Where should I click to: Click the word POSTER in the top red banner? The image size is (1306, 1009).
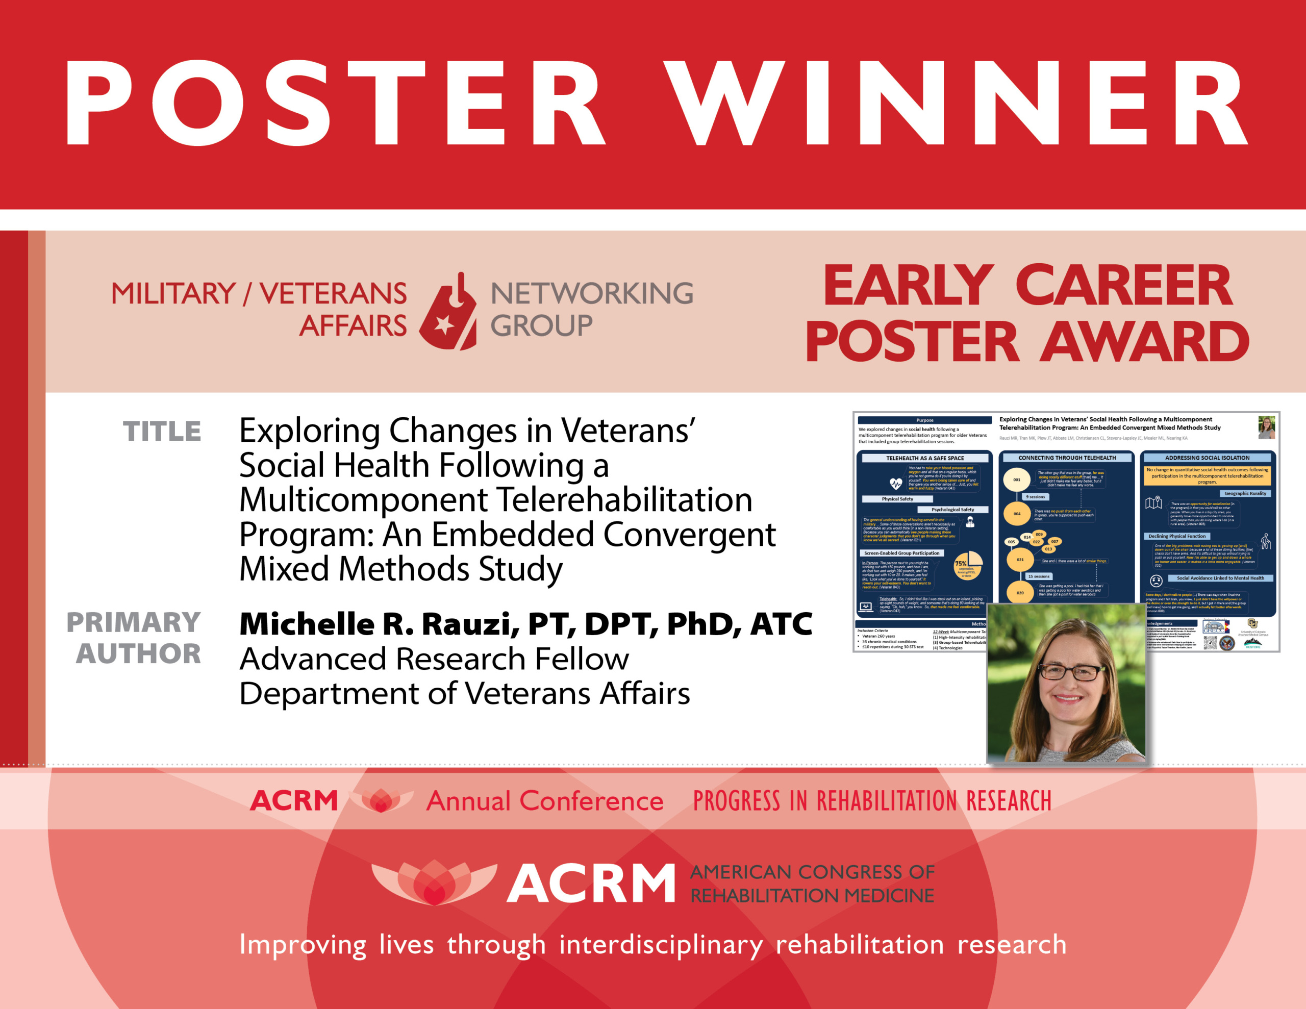tap(335, 103)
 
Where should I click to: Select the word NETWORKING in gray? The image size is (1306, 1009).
tap(591, 294)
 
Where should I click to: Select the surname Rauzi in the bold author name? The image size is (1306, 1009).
tap(470, 624)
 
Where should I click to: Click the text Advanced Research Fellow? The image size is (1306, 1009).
tap(434, 659)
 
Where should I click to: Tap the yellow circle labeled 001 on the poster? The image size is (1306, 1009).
tap(1016, 480)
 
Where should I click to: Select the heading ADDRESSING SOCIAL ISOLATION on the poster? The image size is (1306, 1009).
tap(1207, 458)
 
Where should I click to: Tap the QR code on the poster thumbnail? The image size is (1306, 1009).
tap(1210, 643)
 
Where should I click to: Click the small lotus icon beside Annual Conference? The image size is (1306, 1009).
tap(381, 800)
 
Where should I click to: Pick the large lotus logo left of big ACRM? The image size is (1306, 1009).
tap(434, 882)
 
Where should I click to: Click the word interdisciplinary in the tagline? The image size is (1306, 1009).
tap(661, 945)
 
